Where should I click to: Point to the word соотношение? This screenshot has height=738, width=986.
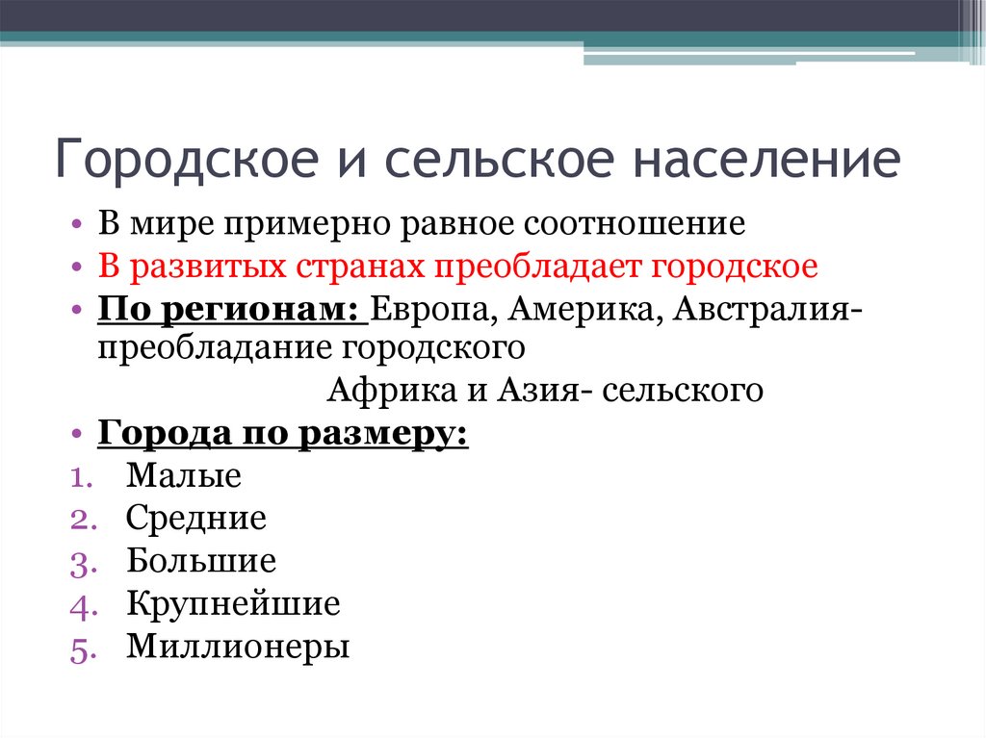tap(636, 224)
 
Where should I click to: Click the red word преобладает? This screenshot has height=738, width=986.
tap(541, 267)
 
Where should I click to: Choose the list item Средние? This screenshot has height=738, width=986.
tap(195, 519)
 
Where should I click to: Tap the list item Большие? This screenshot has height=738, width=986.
tap(200, 561)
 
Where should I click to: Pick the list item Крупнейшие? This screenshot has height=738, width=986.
tap(232, 604)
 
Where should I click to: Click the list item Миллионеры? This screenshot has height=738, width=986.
tap(237, 647)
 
